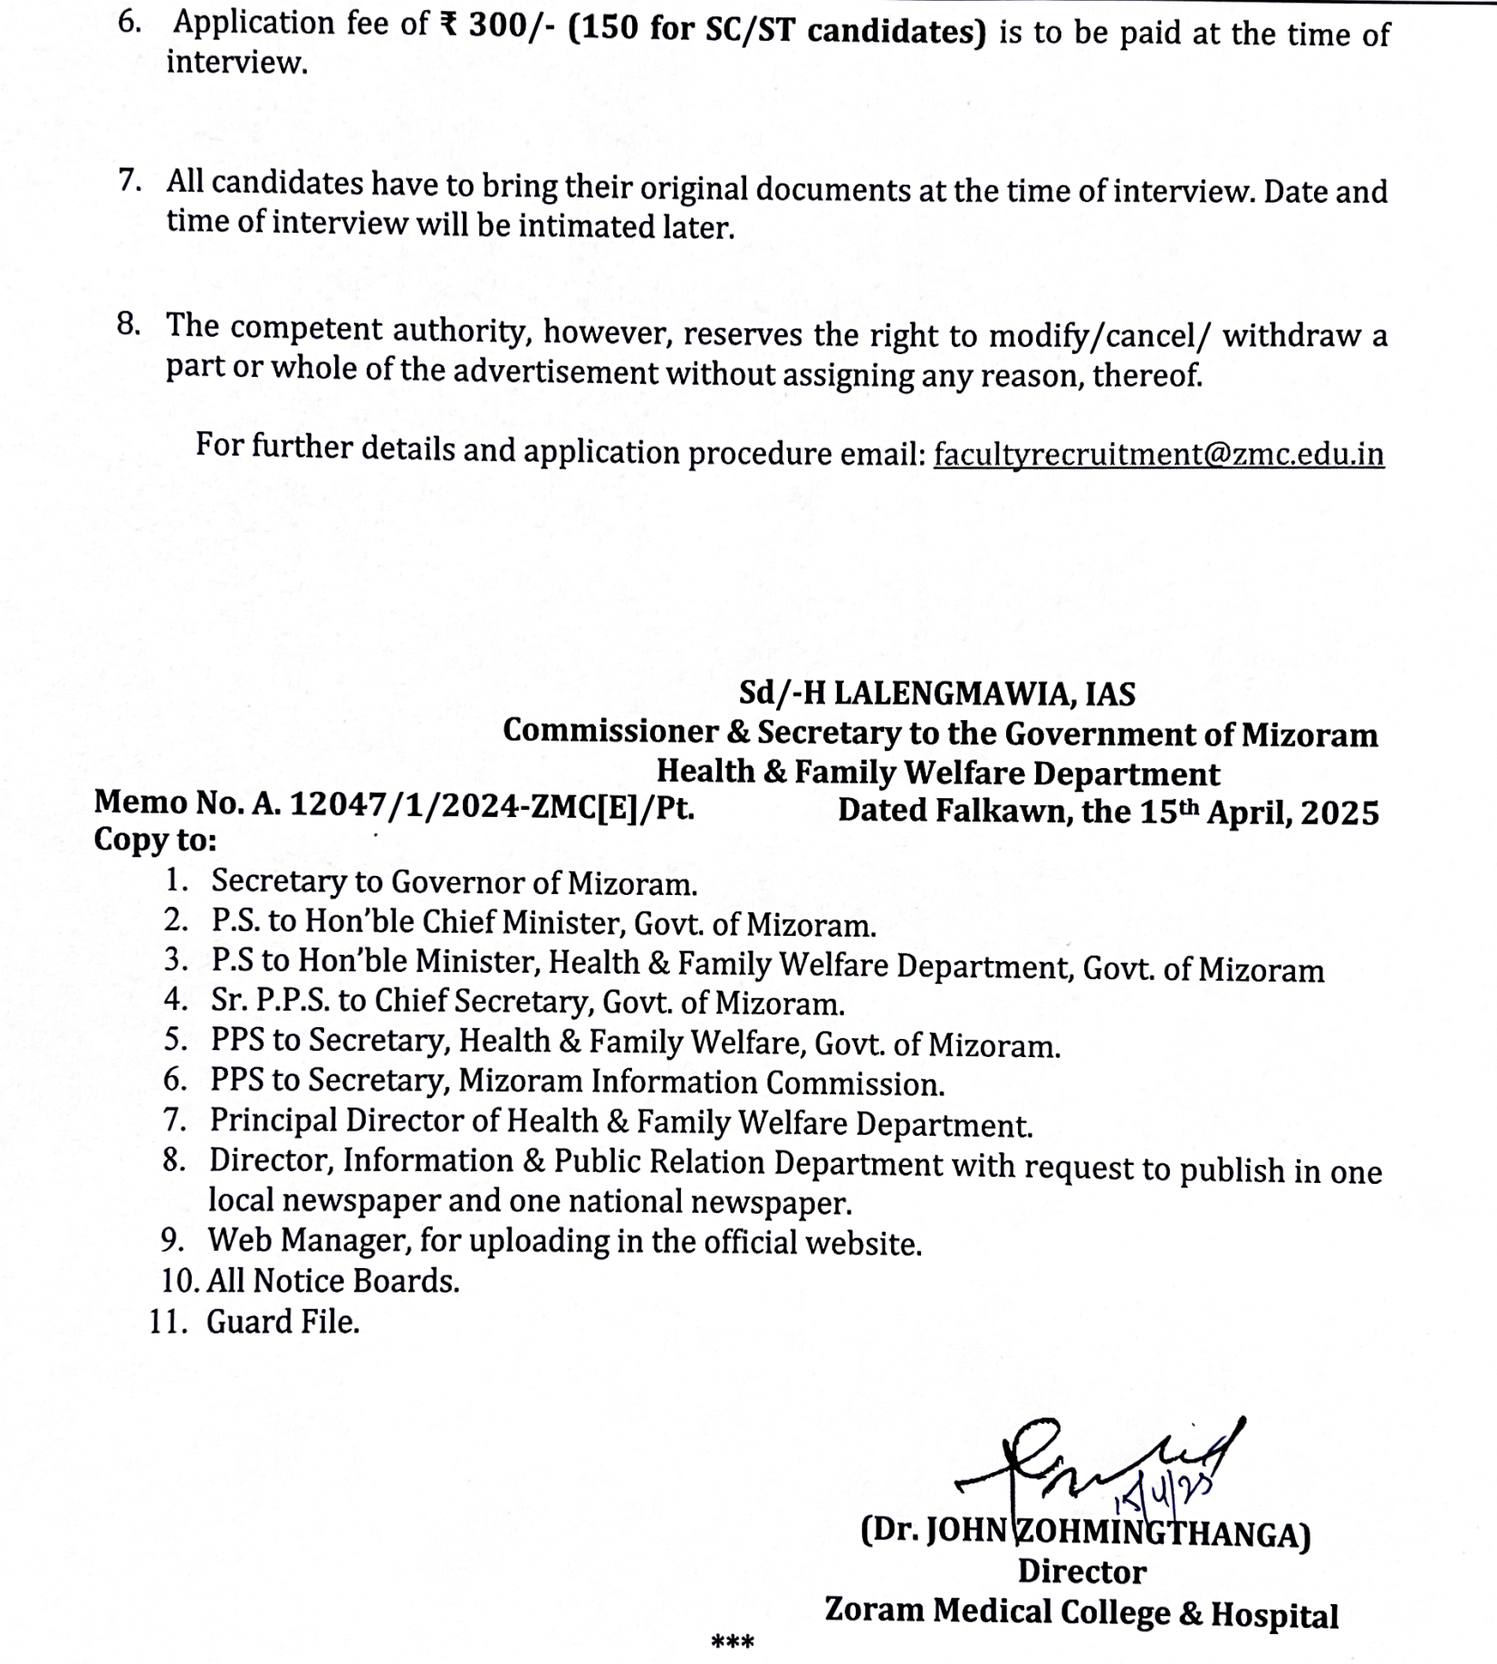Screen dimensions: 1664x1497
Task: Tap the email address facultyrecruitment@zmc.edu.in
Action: [1158, 453]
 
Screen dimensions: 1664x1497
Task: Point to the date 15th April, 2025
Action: [1259, 812]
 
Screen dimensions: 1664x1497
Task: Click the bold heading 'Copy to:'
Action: [155, 841]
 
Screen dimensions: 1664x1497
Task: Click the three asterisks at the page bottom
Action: [733, 1640]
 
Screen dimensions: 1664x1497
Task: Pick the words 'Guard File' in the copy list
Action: [282, 1322]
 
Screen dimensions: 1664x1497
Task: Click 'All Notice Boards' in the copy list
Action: [332, 1281]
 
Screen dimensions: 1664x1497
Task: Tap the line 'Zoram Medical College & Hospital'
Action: [1080, 1613]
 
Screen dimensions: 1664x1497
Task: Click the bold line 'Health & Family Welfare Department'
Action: [937, 773]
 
